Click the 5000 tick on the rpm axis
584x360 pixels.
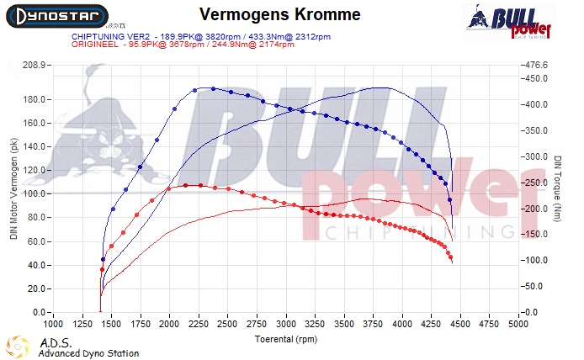click(x=518, y=322)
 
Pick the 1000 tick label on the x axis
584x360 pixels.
click(x=53, y=322)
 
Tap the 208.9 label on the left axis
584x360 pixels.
click(x=32, y=65)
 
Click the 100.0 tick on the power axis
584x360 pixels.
click(x=35, y=193)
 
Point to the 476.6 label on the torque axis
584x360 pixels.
click(x=536, y=65)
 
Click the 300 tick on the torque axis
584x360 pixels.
click(x=536, y=156)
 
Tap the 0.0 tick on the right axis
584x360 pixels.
click(x=532, y=313)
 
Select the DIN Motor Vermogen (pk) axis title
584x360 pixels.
click(x=13, y=189)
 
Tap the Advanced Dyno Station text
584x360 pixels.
click(x=88, y=353)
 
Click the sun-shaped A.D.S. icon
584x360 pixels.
click(x=18, y=347)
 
